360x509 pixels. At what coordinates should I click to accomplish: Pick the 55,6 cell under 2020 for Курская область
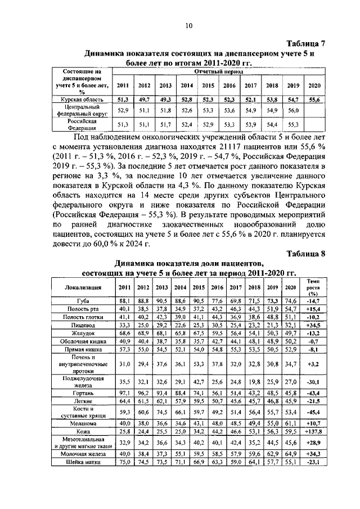point(314,99)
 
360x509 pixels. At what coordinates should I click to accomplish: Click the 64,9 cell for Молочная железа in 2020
point(291,453)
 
